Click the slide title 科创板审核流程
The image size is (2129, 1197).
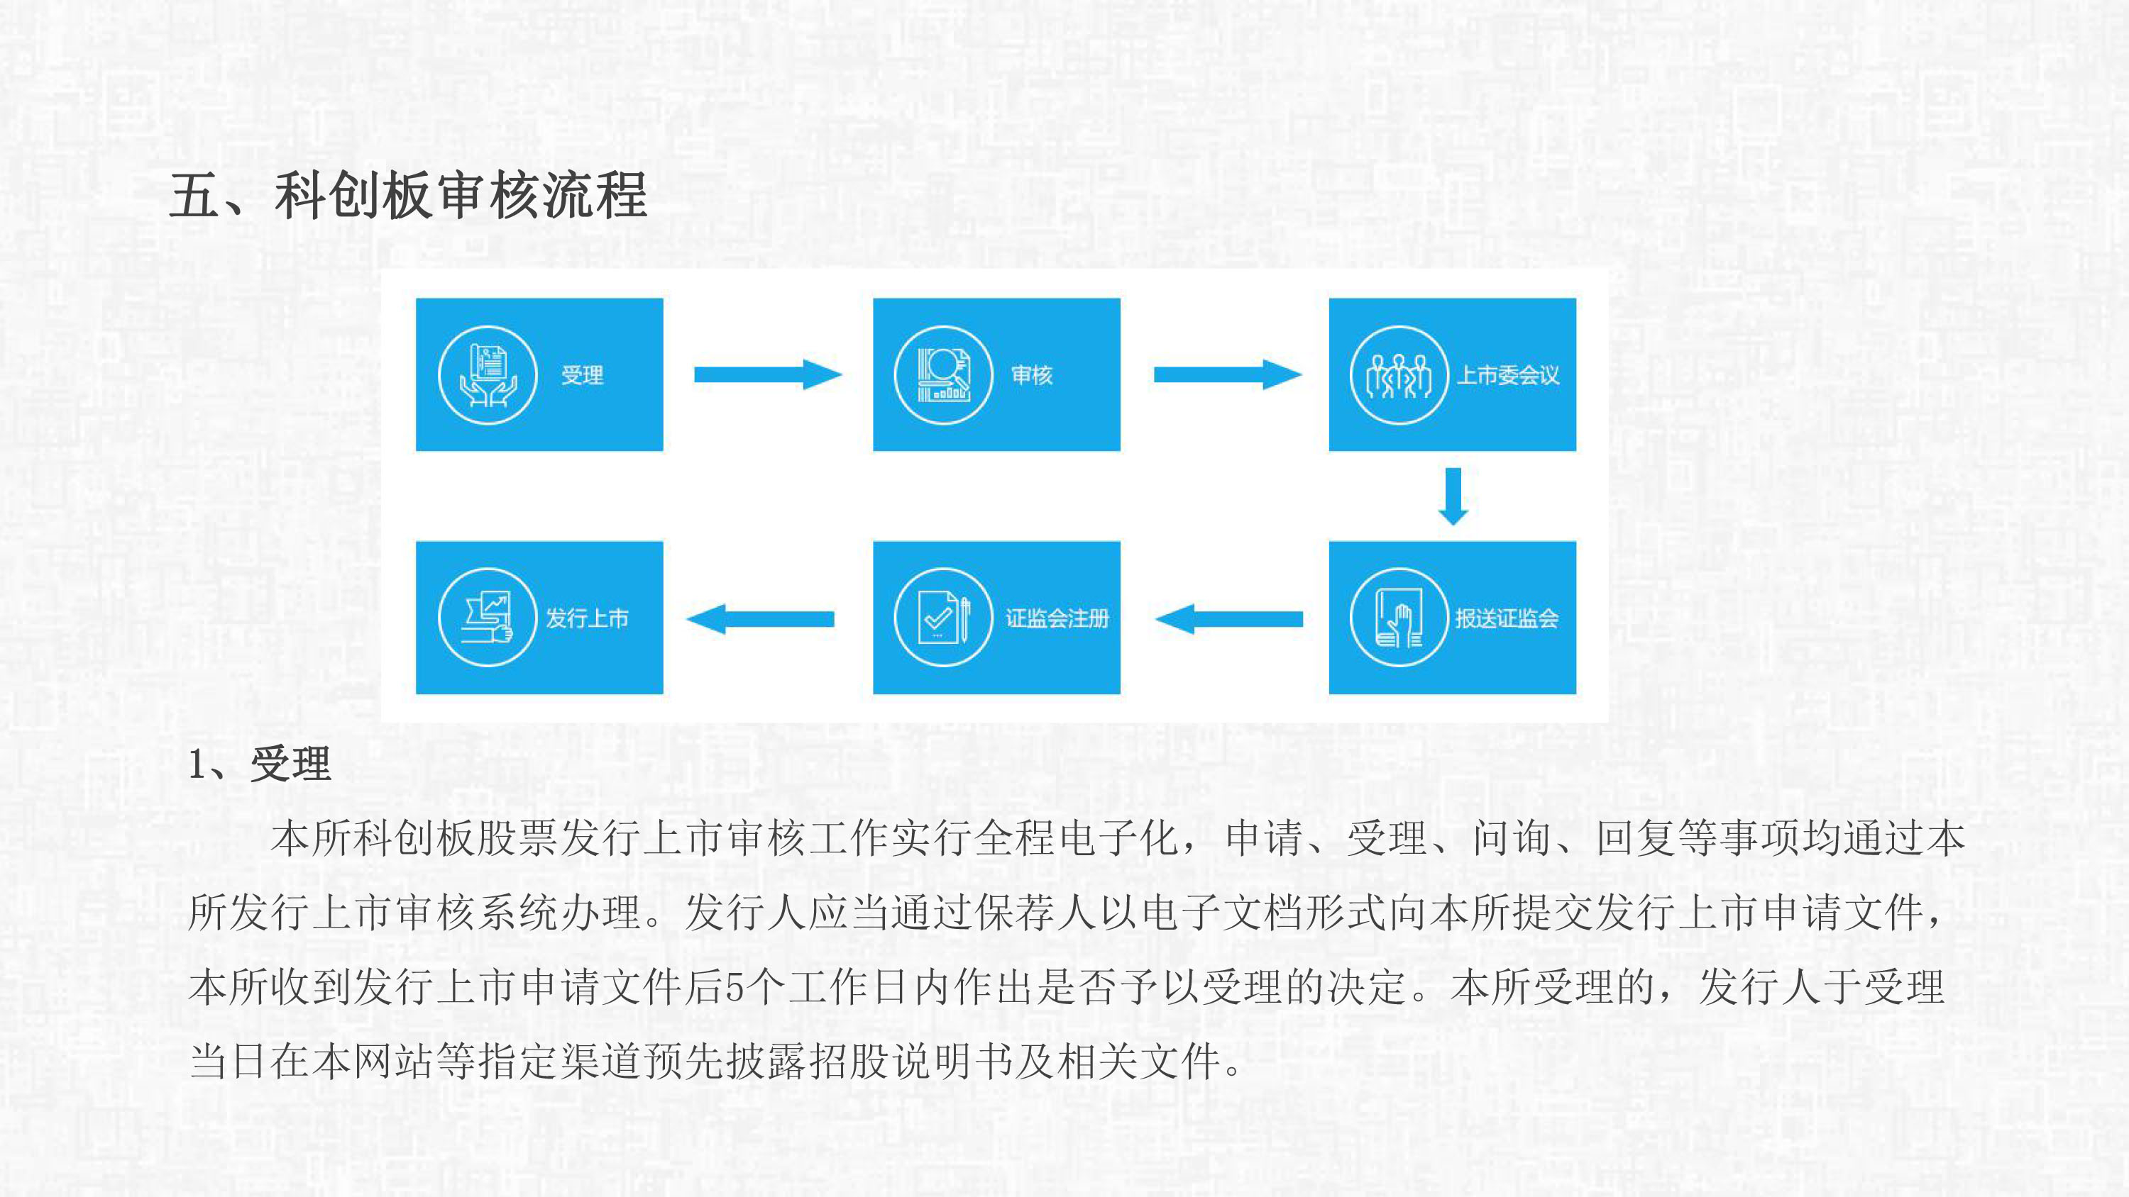click(x=461, y=196)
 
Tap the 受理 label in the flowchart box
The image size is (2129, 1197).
click(x=583, y=375)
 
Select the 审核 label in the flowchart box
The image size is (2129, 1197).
click(x=1031, y=375)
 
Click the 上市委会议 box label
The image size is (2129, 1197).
click(x=1507, y=375)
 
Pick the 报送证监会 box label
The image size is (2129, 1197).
click(x=1507, y=618)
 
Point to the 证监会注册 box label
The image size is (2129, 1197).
click(x=1057, y=618)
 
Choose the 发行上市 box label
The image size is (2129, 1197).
click(x=587, y=618)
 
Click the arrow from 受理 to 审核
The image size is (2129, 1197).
click(x=768, y=374)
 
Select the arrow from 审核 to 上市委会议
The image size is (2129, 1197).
click(x=1227, y=374)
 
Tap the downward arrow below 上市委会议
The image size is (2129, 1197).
click(x=1453, y=496)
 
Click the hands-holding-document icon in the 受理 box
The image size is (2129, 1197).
click(x=488, y=375)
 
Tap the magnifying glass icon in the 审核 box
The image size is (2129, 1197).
click(x=943, y=375)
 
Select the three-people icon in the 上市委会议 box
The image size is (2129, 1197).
click(x=1399, y=375)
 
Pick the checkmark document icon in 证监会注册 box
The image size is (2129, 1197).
click(x=943, y=618)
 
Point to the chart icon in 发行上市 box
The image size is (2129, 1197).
click(x=488, y=618)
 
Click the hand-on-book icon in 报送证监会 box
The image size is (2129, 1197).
click(x=1399, y=618)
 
